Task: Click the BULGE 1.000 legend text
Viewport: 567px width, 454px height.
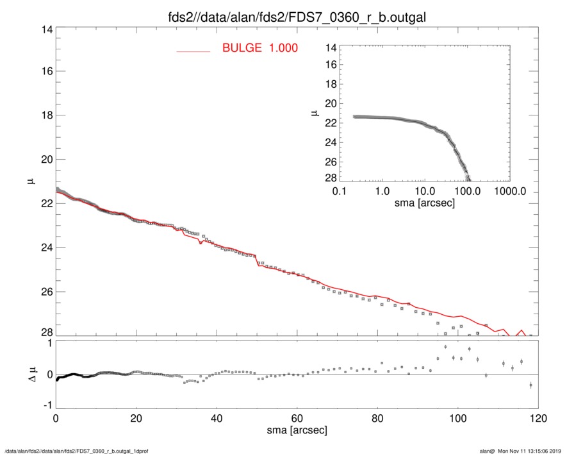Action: tap(259, 48)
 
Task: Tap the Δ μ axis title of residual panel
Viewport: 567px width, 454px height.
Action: tap(29, 374)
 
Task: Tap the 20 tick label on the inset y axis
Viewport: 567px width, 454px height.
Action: tap(331, 103)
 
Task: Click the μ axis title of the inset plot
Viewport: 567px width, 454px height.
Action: tap(315, 113)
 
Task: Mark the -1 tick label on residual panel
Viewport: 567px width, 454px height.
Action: tap(45, 406)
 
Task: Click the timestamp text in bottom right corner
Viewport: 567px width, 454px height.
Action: tap(525, 450)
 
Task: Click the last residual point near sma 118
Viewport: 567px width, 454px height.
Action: tap(531, 385)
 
